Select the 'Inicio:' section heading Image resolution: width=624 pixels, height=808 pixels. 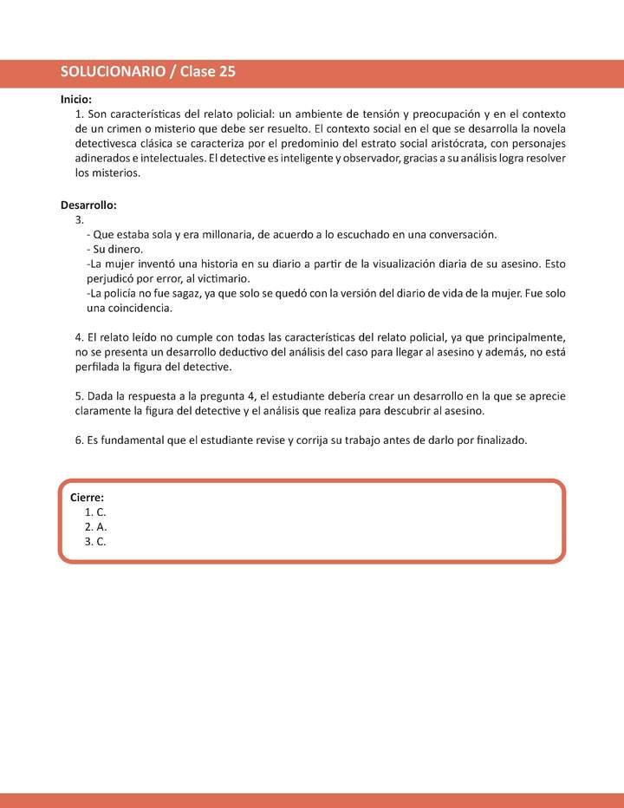[76, 100]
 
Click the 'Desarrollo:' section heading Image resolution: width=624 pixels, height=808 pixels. [88, 205]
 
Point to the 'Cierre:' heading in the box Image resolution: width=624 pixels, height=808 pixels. [87, 498]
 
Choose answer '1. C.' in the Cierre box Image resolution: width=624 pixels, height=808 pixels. [95, 512]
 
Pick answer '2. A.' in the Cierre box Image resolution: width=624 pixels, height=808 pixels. [95, 527]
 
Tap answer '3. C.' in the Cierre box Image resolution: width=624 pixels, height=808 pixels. [95, 542]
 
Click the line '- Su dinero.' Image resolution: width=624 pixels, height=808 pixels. [115, 250]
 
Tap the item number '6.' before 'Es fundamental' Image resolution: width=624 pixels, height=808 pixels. [80, 440]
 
